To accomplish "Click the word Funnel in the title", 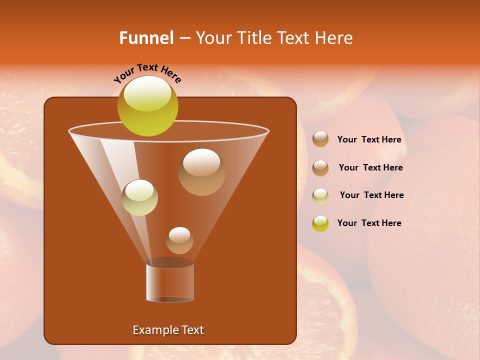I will (x=146, y=38).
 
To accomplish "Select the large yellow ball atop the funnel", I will (x=147, y=105).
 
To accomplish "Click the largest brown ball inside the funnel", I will (x=201, y=172).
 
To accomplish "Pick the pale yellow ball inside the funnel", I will (x=140, y=197).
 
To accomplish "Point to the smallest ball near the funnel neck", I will (x=179, y=240).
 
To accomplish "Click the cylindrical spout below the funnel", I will (x=170, y=282).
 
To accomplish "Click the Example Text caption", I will (x=168, y=330).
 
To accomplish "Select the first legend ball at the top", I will (x=320, y=139).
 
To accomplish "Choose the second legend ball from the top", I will (x=320, y=168).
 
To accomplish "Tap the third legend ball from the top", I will (x=320, y=195).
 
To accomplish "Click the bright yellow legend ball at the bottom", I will (x=320, y=223).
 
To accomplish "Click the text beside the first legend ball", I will (x=369, y=140).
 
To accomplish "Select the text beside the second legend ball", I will (x=370, y=168).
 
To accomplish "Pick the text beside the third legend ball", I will (x=371, y=195).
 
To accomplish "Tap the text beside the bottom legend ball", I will (x=369, y=223).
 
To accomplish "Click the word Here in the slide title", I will (x=334, y=38).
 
